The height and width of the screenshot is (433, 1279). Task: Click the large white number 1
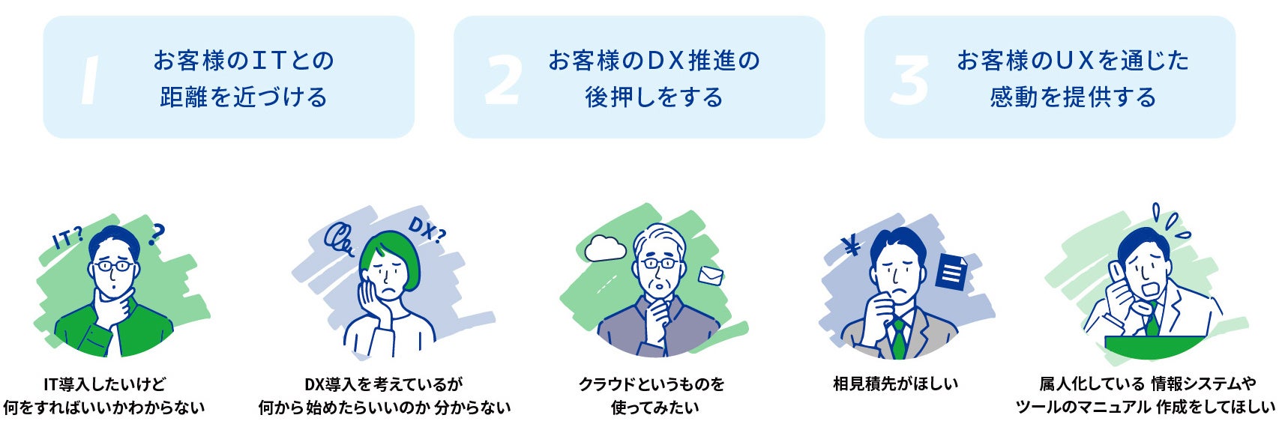(91, 80)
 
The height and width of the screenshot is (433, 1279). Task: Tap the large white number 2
(502, 80)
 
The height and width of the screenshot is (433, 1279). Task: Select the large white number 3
(909, 80)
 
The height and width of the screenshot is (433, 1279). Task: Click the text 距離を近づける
(244, 97)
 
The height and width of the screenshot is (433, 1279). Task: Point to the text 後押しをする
(654, 97)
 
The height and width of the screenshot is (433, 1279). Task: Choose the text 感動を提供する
(1073, 97)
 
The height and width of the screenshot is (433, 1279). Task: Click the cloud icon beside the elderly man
(605, 248)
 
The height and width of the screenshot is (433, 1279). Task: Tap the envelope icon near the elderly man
(711, 276)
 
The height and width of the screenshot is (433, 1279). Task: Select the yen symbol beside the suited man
(852, 246)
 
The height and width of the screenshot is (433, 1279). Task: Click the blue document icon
(951, 272)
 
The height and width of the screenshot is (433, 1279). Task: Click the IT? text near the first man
(67, 239)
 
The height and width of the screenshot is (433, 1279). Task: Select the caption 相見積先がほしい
(895, 384)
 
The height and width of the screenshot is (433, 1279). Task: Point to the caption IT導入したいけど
(104, 384)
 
